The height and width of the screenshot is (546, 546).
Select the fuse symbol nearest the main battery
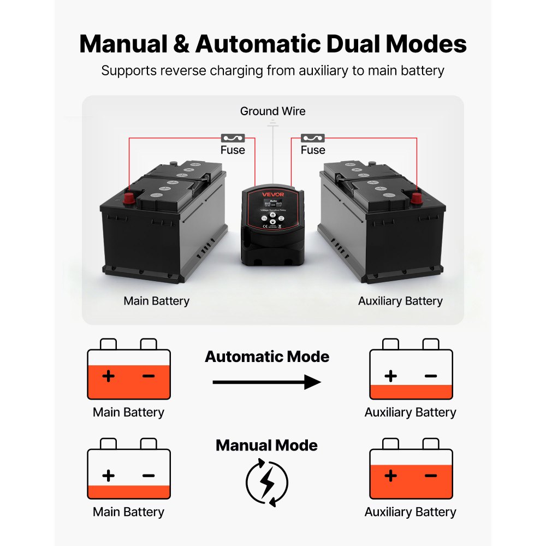233,138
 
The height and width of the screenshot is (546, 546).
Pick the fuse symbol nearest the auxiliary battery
313,138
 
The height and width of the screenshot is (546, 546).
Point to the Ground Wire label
273,111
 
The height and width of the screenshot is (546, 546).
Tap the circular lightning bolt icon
267,482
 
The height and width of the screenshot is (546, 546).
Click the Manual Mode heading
266,446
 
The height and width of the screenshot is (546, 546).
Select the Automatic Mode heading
267,357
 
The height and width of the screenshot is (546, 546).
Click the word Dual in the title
334,44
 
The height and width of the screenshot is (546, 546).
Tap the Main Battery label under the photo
156,301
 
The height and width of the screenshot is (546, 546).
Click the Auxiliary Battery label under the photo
400,301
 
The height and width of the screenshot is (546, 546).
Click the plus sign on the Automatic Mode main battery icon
109,376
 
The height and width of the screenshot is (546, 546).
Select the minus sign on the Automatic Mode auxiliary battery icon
431,376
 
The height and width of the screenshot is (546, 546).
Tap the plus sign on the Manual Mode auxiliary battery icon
390,476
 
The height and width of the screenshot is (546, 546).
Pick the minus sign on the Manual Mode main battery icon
149,476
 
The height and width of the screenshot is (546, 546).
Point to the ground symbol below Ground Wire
273,125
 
